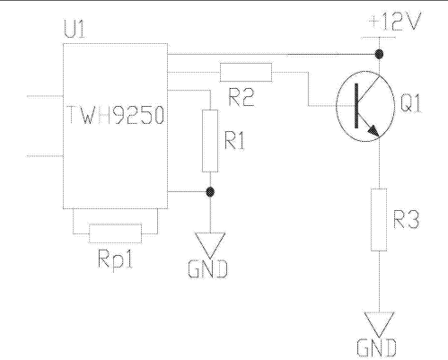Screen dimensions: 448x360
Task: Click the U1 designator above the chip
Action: (x=75, y=29)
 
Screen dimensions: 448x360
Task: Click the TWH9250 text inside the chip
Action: (x=116, y=115)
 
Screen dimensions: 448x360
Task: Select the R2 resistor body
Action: (x=246, y=72)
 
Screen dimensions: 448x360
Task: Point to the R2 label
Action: (x=242, y=97)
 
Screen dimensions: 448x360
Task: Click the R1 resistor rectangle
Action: (x=210, y=141)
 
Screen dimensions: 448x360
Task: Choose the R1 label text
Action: (x=235, y=140)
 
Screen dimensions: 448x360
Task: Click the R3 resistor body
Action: (x=379, y=219)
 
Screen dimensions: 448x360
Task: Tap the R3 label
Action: (x=406, y=219)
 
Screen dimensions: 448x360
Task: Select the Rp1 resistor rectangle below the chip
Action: (x=116, y=233)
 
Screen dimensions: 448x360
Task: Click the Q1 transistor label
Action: (x=410, y=102)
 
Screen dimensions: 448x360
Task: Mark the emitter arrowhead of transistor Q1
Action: (x=374, y=131)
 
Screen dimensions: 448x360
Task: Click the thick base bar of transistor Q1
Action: (x=356, y=106)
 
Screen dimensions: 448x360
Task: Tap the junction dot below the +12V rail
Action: (x=379, y=54)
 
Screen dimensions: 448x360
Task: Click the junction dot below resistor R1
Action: (x=210, y=192)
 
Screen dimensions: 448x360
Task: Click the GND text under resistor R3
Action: (x=377, y=347)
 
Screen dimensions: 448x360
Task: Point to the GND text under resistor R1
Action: (x=208, y=269)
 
